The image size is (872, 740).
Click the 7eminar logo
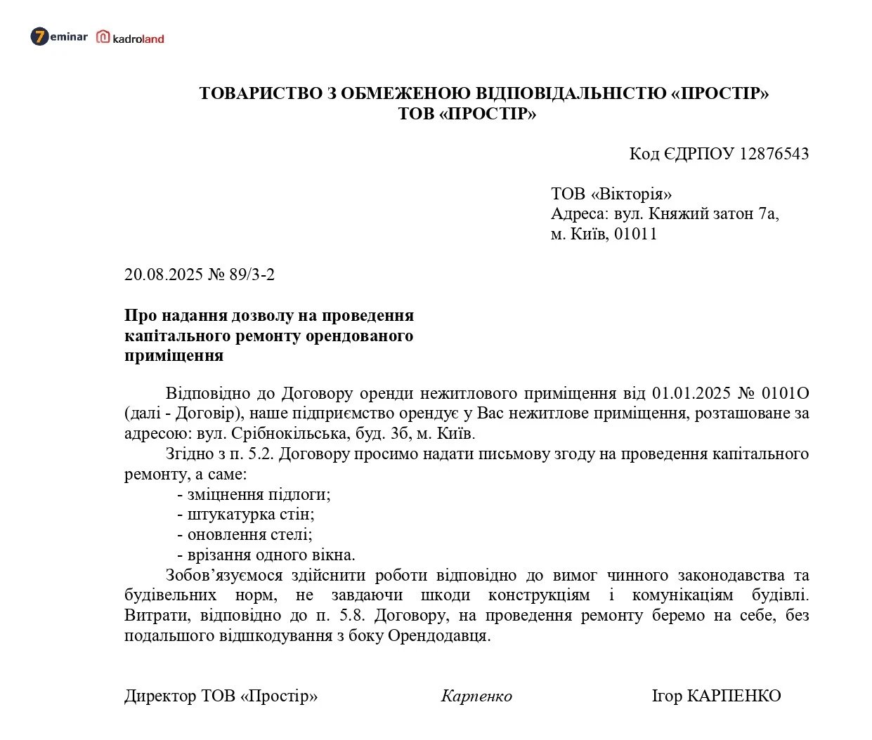[x=59, y=37]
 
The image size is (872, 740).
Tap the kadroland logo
[x=131, y=38]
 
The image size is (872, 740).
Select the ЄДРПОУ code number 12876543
[x=774, y=154]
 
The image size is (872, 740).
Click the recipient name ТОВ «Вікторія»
[x=611, y=194]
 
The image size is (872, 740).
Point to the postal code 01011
[x=636, y=234]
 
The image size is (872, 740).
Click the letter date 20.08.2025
[x=164, y=275]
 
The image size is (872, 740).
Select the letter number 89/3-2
[x=252, y=275]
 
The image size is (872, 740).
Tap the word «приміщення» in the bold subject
[x=174, y=356]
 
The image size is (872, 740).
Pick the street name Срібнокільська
[x=289, y=433]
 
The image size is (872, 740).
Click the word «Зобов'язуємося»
[x=224, y=576]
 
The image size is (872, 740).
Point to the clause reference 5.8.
[x=352, y=616]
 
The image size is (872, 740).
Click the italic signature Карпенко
[x=476, y=696]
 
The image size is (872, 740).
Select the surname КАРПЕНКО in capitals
[x=734, y=696]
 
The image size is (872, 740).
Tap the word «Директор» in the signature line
[x=160, y=696]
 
